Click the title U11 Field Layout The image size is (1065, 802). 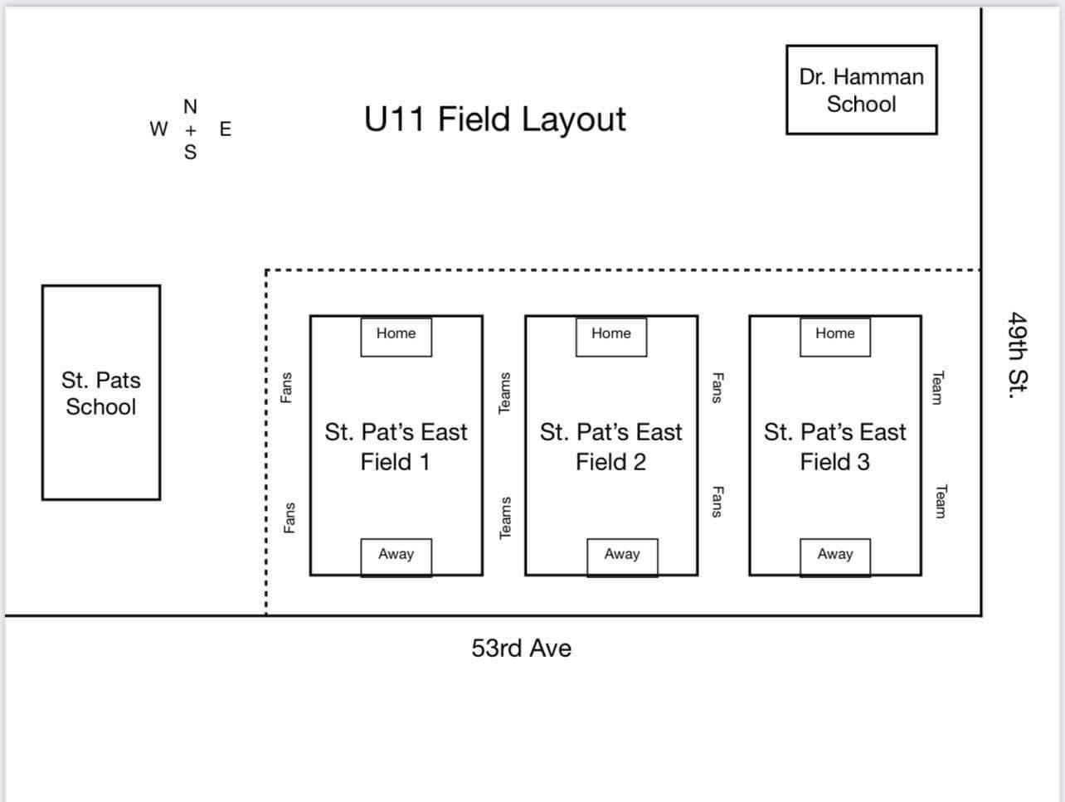[x=494, y=119]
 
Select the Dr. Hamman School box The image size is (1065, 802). [x=861, y=90]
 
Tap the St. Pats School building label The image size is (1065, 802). [x=101, y=393]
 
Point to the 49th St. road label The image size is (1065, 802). [x=1018, y=354]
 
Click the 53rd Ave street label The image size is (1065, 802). [x=521, y=648]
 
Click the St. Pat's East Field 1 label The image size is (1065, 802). [x=396, y=446]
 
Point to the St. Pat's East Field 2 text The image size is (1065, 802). [x=610, y=446]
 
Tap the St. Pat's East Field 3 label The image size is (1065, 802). [x=834, y=446]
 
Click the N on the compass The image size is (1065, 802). [x=190, y=107]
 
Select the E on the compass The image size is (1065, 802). [x=226, y=129]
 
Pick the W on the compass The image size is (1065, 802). [x=158, y=129]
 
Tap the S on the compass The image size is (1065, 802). [x=190, y=153]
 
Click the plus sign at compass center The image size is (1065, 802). [x=191, y=130]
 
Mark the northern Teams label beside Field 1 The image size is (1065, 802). [x=503, y=392]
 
